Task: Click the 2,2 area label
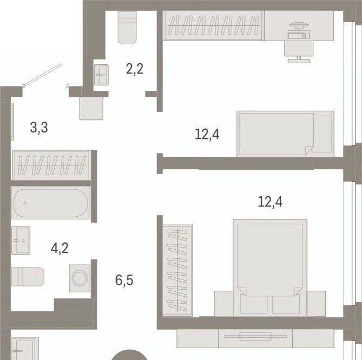pos(135,69)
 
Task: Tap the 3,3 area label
pos(39,128)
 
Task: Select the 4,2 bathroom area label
pos(60,249)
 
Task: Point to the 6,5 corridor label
pos(124,280)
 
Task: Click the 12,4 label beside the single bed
pos(207,134)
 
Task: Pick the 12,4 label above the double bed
pos(270,202)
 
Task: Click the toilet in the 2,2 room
pos(127,28)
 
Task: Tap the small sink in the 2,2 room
pos(101,75)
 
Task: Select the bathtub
pos(51,203)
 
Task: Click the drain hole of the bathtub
pos(25,203)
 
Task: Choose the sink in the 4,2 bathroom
pos(21,241)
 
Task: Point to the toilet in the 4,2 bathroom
pos(28,277)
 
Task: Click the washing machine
pos(80,278)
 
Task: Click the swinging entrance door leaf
pos(43,75)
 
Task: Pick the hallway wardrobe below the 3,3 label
pos(51,165)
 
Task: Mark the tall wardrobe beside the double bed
pos(178,270)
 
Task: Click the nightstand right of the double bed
pos(317,303)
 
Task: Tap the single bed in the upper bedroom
pos(286,134)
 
